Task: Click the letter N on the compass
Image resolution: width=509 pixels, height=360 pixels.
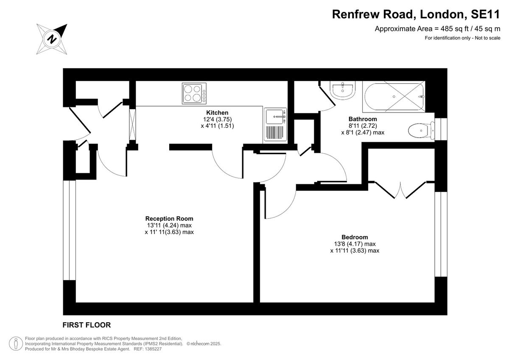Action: [52, 39]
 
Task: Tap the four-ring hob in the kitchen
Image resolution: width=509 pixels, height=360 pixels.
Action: [194, 93]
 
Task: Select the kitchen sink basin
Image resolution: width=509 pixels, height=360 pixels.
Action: [274, 117]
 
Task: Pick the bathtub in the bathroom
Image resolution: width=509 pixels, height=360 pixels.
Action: [394, 97]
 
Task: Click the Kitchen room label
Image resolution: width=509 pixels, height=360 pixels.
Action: [217, 112]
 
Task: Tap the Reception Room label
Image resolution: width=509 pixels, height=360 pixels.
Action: [169, 219]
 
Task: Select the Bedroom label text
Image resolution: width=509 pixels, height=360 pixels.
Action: [355, 237]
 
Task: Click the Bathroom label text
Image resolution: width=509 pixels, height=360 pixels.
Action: [363, 119]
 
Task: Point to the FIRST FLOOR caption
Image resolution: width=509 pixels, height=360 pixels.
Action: [87, 325]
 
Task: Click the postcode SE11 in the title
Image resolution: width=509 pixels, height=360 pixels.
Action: [486, 14]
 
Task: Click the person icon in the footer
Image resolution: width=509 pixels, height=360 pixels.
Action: [16, 343]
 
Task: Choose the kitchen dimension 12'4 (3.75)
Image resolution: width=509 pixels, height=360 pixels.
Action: [217, 119]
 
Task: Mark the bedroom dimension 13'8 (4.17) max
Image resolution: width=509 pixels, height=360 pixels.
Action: [355, 244]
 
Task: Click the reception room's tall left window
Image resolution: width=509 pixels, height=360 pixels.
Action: [69, 230]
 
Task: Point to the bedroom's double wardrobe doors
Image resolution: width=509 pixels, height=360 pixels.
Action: [400, 190]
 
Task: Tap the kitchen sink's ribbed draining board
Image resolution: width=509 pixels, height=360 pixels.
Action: [275, 132]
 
